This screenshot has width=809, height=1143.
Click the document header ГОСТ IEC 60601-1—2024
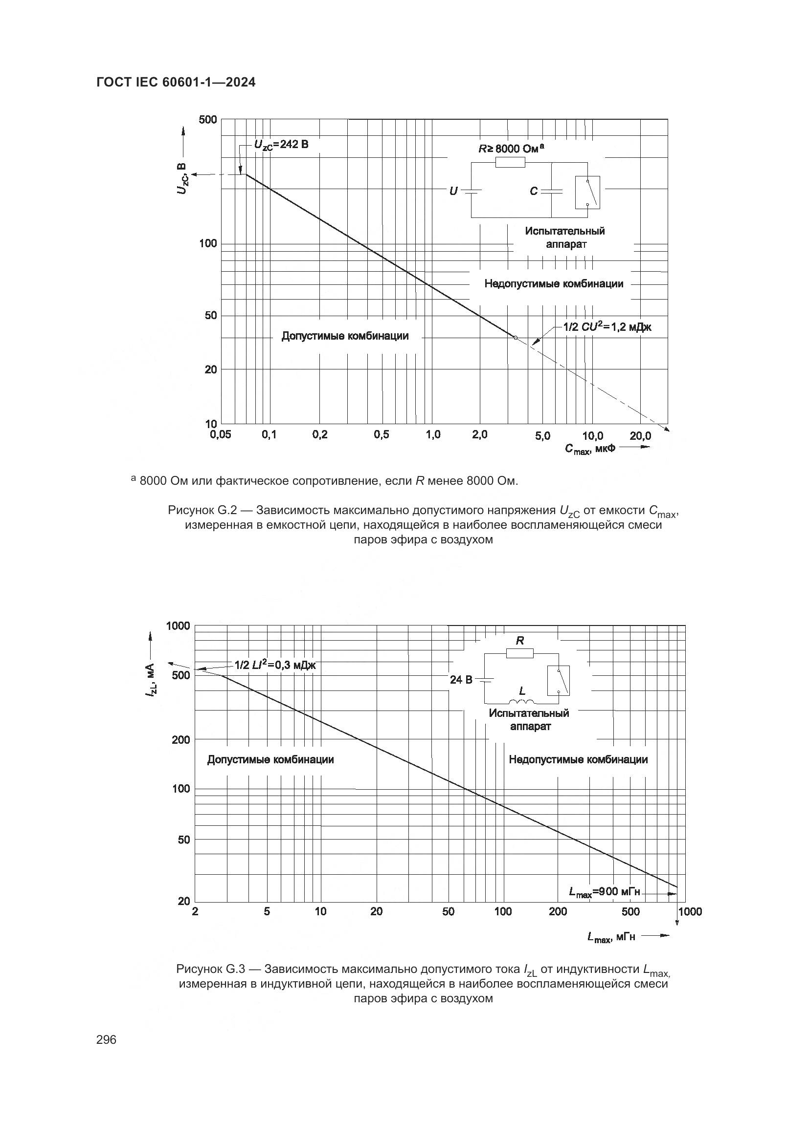(176, 83)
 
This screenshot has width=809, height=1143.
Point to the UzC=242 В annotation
(281, 144)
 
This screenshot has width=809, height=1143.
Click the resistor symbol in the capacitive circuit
(510, 162)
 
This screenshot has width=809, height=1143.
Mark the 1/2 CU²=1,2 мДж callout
(607, 327)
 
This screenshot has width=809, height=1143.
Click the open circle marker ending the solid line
(516, 338)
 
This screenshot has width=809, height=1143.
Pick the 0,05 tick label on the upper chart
(221, 435)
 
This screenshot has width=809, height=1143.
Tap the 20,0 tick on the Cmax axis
(640, 436)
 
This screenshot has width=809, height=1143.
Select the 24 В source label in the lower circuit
(461, 680)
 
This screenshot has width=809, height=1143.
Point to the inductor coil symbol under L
(521, 701)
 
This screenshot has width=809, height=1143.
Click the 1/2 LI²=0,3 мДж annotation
(275, 665)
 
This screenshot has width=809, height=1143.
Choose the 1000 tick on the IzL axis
(178, 626)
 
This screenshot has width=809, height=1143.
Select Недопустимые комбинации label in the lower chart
(578, 760)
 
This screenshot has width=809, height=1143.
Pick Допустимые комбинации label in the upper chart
(345, 336)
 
